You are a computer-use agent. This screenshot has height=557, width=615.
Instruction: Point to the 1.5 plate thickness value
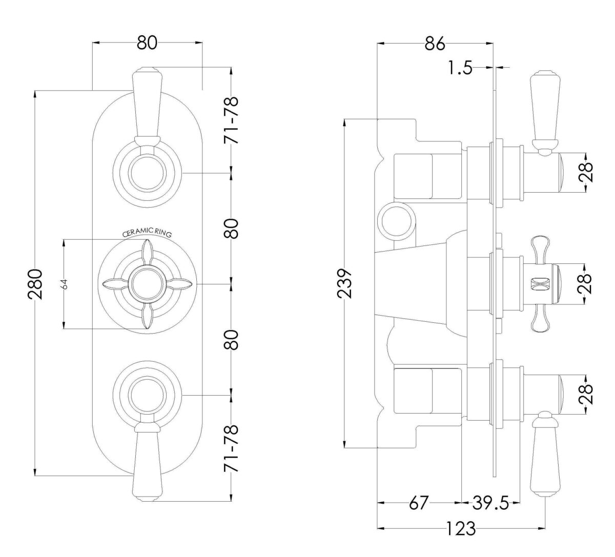459,68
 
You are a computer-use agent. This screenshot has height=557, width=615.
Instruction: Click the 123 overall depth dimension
461,528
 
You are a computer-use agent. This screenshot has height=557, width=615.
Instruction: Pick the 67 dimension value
419,503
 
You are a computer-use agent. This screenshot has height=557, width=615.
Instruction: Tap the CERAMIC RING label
147,233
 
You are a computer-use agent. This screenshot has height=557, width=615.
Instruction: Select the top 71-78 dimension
232,120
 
